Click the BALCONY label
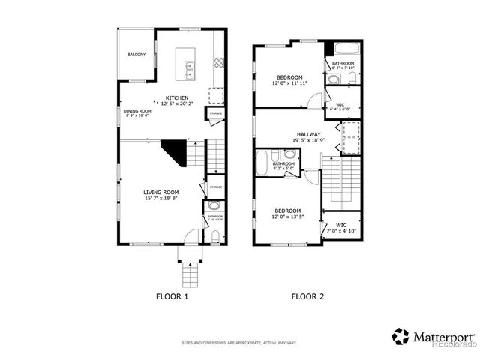pos(136,55)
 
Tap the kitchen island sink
pos(187,72)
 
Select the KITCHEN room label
pos(177,97)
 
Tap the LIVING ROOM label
pos(160,192)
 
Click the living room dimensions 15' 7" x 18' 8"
pos(160,199)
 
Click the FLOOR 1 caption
pos(172,296)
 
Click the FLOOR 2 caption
pos(307,296)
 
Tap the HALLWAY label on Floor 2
pos(307,133)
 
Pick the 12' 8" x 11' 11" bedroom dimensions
pos(289,83)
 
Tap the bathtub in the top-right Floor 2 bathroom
pos(345,51)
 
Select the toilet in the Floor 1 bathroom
pos(214,236)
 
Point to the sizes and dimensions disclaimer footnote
pos(239,343)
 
